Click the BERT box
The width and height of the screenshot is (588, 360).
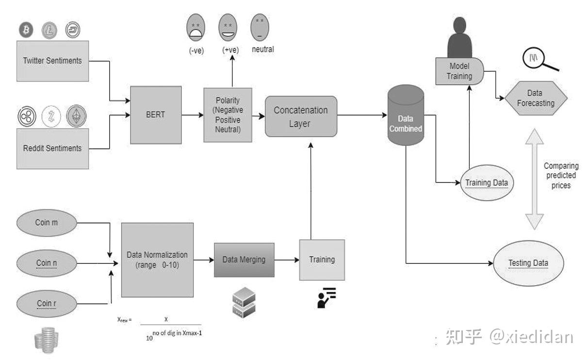[156, 115]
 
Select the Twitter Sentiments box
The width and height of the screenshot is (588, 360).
[52, 61]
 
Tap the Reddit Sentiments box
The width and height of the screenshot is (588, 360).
[52, 148]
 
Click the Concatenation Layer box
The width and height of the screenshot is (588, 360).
[301, 116]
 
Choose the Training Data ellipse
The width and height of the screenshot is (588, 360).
[486, 183]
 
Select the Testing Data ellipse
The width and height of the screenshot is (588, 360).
[528, 263]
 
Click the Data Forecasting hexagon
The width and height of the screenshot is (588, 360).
[536, 98]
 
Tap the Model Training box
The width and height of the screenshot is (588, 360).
[459, 71]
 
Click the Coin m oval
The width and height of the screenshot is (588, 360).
[47, 223]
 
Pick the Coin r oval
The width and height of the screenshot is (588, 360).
[47, 304]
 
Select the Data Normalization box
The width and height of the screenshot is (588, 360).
[157, 260]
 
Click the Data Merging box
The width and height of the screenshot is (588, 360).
[244, 260]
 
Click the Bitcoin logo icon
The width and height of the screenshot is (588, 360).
[26, 31]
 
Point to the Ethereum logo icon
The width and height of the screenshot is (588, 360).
[76, 116]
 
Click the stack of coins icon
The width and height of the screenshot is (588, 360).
[47, 339]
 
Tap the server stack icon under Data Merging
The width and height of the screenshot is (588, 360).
[244, 302]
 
